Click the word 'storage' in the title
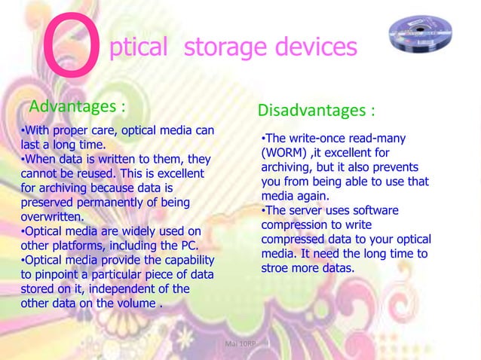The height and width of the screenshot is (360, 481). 222,47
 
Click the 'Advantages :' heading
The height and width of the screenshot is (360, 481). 77,102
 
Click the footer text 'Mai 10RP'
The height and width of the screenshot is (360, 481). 240,343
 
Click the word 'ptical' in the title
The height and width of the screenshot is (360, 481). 138,47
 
